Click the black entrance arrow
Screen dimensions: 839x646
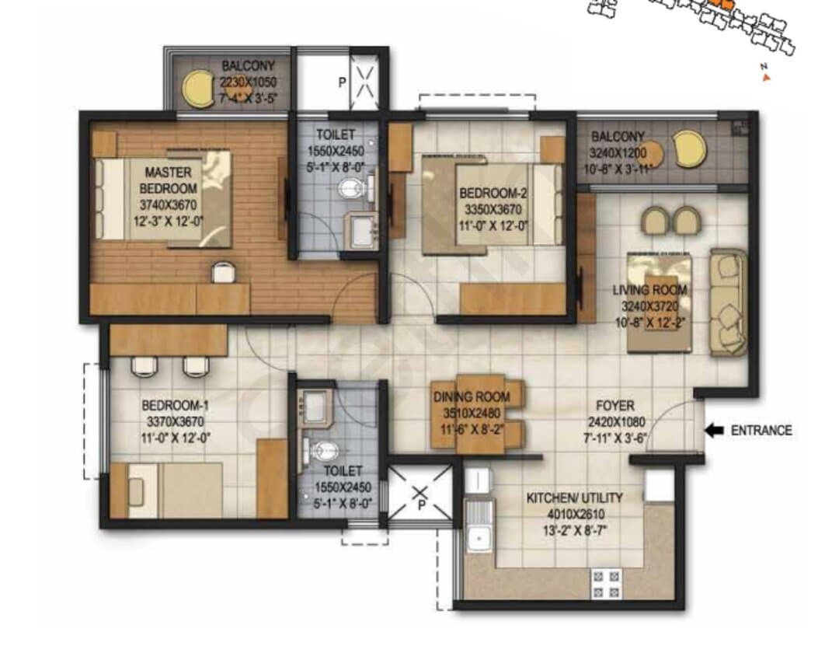coord(715,431)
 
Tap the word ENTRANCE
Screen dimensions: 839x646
coord(761,431)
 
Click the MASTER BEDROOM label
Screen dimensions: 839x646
coord(168,180)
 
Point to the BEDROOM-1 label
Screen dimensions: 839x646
coord(176,405)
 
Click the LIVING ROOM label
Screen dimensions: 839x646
coord(649,290)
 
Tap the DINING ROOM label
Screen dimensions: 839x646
coord(472,397)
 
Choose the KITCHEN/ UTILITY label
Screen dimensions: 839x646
coord(575,498)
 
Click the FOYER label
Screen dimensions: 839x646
coord(615,406)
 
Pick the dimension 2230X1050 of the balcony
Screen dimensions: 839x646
coord(249,82)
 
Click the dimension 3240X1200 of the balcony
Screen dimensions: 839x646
coord(618,153)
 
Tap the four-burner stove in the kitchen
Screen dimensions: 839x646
coord(606,585)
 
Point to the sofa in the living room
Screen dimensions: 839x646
coord(728,302)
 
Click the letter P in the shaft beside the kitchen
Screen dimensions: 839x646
coord(421,505)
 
